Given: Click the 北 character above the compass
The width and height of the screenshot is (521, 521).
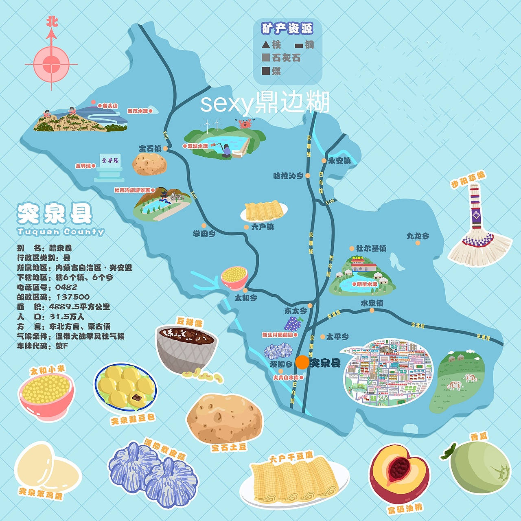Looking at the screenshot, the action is (52, 21).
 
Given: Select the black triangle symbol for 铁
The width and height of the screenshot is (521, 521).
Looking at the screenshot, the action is (266, 44).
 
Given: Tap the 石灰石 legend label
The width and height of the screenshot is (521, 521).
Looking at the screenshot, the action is (286, 58).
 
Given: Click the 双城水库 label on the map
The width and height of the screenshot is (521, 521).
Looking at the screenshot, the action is (197, 146).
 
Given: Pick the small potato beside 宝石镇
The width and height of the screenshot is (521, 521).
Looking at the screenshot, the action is (149, 164).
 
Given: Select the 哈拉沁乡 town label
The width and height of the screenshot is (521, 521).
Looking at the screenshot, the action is (288, 176).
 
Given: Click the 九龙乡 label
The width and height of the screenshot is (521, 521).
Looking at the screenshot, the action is (418, 236).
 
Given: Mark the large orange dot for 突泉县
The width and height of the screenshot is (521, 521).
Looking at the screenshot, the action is (302, 362).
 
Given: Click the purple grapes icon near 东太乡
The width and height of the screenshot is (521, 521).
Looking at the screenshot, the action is (293, 324).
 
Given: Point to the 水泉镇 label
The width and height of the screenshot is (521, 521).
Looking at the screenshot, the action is (372, 303).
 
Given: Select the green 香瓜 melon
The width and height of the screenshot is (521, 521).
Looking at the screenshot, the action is (479, 468).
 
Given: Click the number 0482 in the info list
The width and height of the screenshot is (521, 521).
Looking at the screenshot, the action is (66, 287).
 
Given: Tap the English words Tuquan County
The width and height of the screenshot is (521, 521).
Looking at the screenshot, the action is (61, 232).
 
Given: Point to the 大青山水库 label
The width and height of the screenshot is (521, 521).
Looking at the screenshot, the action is (286, 378).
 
